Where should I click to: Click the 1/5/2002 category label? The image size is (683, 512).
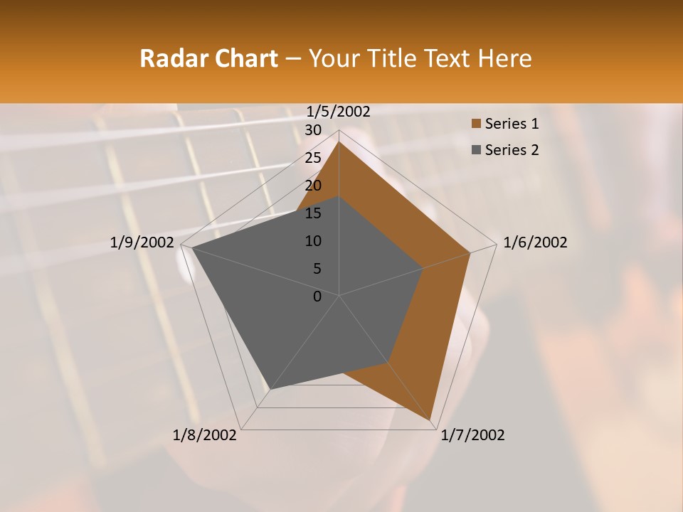click(x=339, y=111)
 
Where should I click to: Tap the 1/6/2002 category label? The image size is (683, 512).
click(x=535, y=242)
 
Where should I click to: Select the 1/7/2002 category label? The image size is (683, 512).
click(x=472, y=435)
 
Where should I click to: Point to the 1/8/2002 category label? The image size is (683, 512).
click(x=205, y=435)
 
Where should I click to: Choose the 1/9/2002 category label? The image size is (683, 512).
click(x=142, y=242)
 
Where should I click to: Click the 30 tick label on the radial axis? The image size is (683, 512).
click(x=313, y=130)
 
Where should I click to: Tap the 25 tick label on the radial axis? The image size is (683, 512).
click(x=313, y=158)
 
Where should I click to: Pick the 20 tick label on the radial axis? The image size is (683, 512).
click(x=313, y=186)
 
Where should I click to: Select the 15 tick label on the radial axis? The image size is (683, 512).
click(x=313, y=213)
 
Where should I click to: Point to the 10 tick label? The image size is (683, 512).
click(x=313, y=241)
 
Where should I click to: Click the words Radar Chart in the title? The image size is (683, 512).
click(x=208, y=58)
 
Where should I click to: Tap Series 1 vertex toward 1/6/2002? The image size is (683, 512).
click(x=470, y=252)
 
